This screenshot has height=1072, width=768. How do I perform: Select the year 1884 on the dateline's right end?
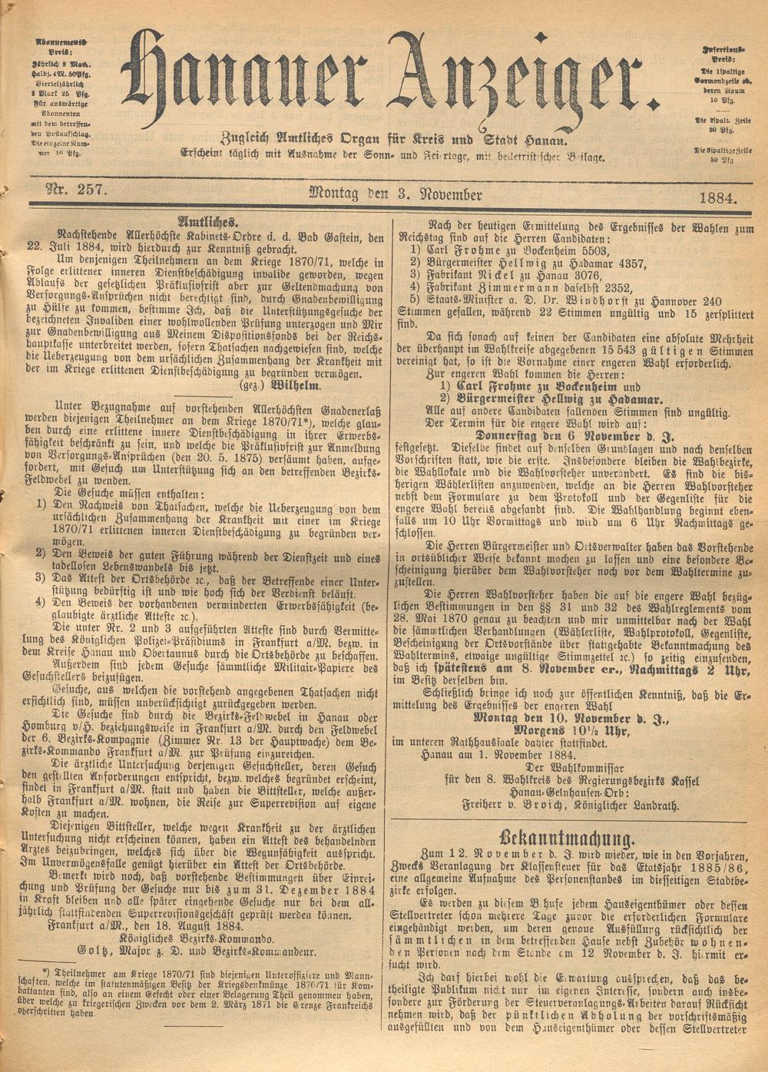(x=718, y=197)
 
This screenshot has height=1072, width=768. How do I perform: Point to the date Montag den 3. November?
(x=395, y=194)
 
